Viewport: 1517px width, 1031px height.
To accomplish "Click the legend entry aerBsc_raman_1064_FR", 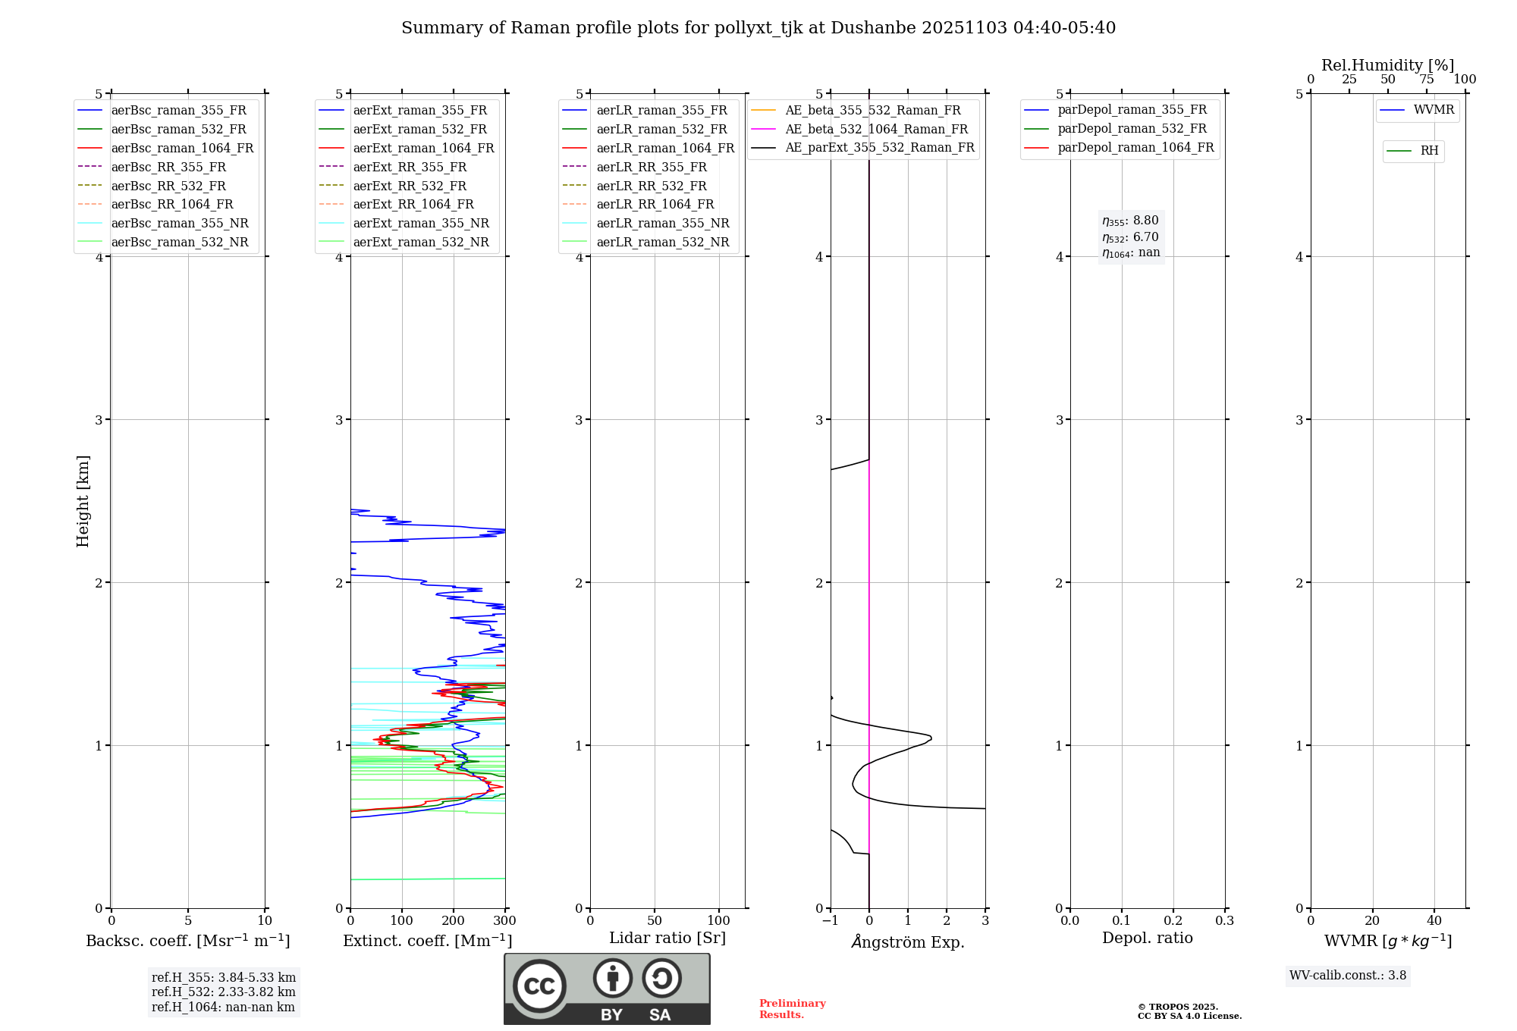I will (182, 149).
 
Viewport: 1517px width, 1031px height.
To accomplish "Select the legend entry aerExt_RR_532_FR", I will (410, 186).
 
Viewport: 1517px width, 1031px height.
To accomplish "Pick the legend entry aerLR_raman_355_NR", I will (662, 224).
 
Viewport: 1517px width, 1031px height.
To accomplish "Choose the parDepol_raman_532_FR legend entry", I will (1132, 129).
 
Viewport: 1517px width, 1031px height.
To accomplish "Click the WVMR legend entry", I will (1434, 110).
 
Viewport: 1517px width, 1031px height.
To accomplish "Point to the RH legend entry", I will (1429, 151).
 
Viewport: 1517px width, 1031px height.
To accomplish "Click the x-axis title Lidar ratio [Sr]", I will (667, 938).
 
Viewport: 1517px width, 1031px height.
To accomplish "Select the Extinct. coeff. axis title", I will (428, 941).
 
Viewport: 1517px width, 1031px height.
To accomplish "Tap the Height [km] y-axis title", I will (83, 501).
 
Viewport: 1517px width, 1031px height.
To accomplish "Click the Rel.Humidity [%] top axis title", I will (1387, 65).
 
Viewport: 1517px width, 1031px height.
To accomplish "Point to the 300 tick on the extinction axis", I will (505, 921).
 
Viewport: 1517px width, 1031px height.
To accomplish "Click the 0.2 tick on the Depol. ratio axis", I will (1173, 921).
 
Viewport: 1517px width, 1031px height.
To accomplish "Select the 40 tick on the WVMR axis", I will (1434, 921).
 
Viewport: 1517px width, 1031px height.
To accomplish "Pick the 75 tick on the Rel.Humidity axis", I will (1427, 80).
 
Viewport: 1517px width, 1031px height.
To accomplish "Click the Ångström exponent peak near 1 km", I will (931, 738).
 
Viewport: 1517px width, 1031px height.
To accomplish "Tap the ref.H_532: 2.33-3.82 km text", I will (224, 992).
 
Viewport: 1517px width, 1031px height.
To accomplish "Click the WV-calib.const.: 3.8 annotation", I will (1348, 976).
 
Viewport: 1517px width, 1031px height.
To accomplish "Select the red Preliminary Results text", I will (792, 1009).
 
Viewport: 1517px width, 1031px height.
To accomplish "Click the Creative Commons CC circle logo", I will (539, 986).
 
